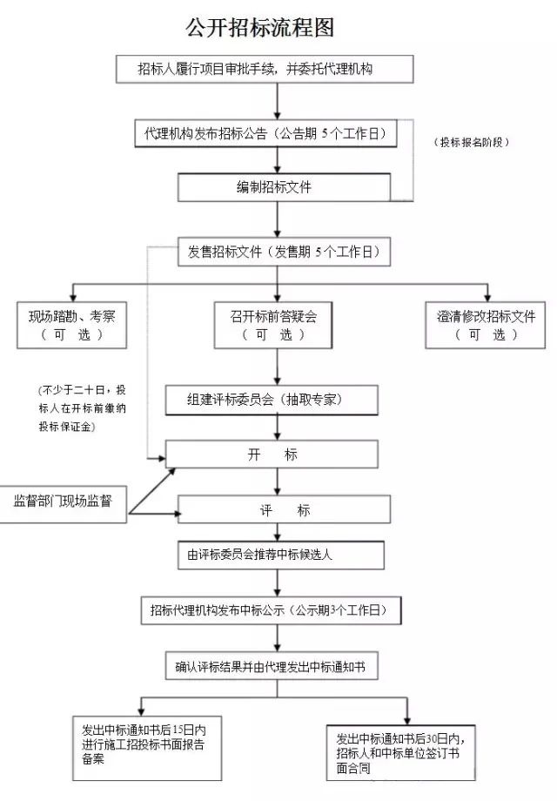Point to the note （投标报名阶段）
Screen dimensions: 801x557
pyautogui.click(x=471, y=142)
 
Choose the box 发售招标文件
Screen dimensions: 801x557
pyautogui.click(x=284, y=252)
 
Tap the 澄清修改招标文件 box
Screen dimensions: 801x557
pyautogui.click(x=486, y=325)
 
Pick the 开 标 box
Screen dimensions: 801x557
pyautogui.click(x=272, y=454)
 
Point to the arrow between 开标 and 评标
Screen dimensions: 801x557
pyautogui.click(x=278, y=481)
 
